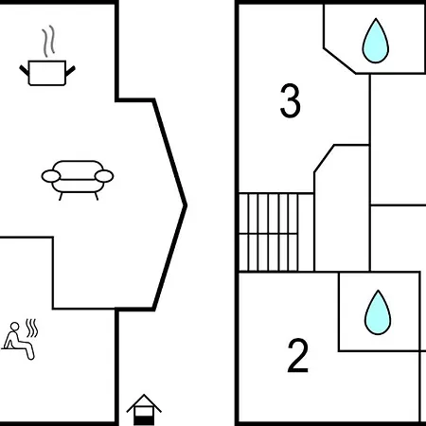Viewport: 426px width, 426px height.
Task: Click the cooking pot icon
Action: (x=46, y=71)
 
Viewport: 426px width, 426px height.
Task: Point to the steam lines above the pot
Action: (x=47, y=43)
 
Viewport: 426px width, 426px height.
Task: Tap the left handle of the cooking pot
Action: (x=24, y=66)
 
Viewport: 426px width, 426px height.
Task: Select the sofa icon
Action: (x=77, y=176)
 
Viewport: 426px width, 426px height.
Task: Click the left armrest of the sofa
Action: (x=49, y=175)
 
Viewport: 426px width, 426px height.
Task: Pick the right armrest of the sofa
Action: (x=104, y=175)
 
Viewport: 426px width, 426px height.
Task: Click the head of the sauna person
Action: (x=13, y=328)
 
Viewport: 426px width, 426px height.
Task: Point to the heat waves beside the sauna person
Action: (x=33, y=329)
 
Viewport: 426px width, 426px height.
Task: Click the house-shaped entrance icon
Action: (x=143, y=408)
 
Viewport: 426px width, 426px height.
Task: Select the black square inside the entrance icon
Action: (x=143, y=417)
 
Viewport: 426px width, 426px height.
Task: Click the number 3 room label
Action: (x=291, y=102)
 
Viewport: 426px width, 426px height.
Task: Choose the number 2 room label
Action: (x=298, y=356)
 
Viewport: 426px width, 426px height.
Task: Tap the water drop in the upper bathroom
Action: (x=376, y=42)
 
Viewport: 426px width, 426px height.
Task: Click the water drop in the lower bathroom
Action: (x=379, y=311)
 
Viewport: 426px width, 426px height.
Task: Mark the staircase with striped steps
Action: (x=275, y=231)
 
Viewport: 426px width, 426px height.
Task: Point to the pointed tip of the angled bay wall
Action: (x=185, y=204)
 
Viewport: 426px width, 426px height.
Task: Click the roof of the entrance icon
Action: (x=143, y=401)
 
